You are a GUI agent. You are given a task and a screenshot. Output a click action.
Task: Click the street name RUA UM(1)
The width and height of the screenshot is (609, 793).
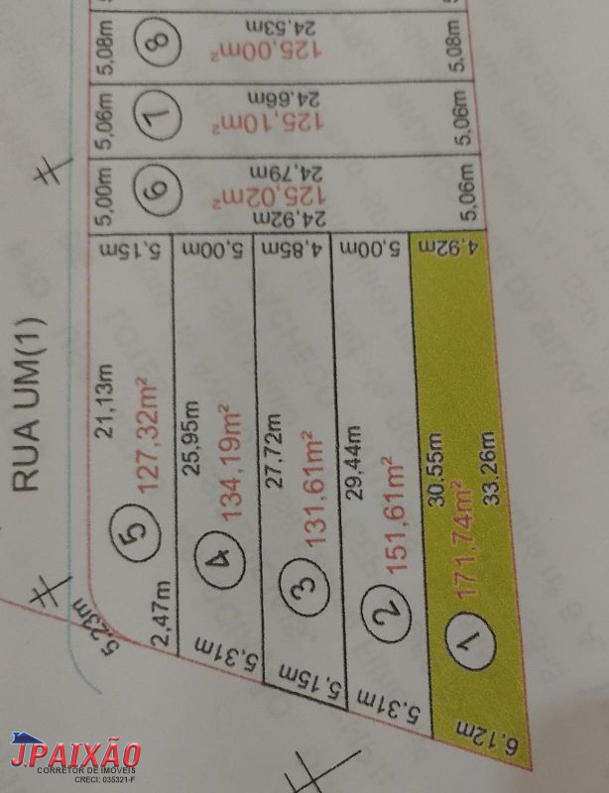tap(26, 403)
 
